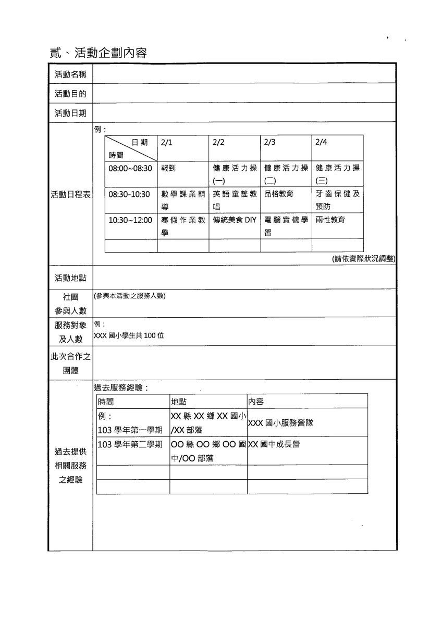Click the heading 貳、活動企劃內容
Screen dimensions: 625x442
pos(99,53)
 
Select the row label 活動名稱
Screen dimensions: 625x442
pos(70,74)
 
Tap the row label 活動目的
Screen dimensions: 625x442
pos(70,94)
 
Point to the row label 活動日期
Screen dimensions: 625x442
pos(70,113)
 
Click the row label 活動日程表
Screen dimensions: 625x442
pos(70,194)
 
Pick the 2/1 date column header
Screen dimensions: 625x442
pos(167,142)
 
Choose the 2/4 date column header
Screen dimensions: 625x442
pos(322,142)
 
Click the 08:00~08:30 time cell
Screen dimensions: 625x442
pos(130,168)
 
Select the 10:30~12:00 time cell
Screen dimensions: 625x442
pos(130,220)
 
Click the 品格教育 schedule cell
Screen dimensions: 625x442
pos(279,194)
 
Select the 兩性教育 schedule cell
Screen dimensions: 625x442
pos(330,220)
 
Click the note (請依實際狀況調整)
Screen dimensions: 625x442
pos(363,259)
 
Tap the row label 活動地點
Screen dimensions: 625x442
pos(70,278)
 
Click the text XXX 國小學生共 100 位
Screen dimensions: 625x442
pos(129,336)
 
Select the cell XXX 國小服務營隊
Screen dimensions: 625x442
pos(280,423)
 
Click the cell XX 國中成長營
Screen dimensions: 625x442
pos(274,444)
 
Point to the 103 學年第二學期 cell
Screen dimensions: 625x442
pos(130,444)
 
